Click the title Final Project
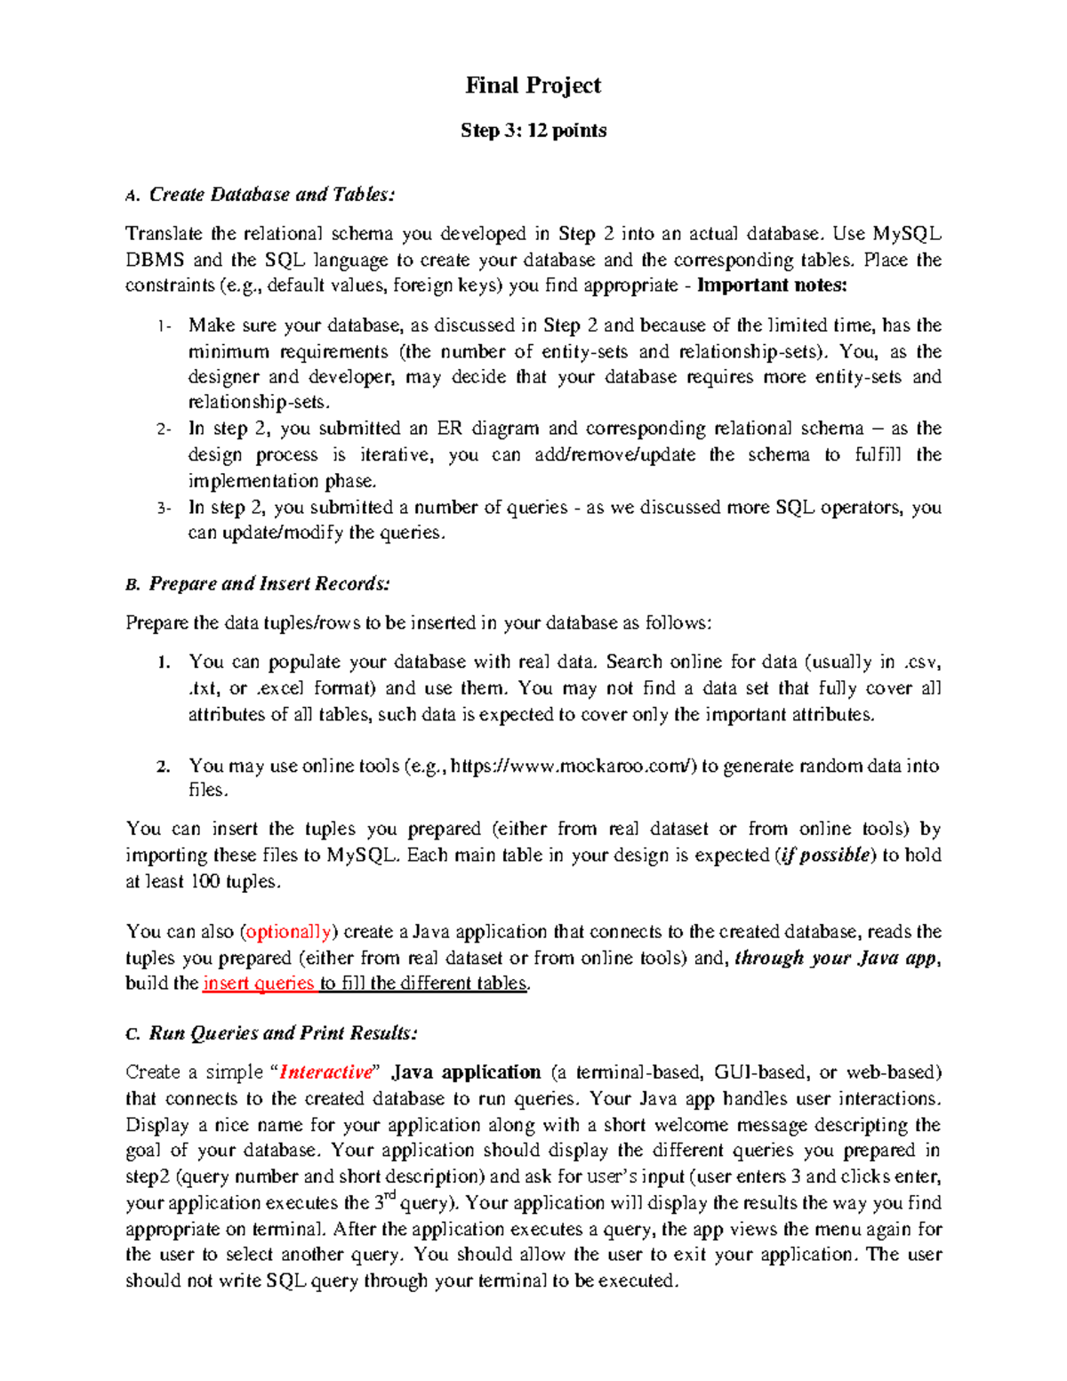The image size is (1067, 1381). click(x=533, y=85)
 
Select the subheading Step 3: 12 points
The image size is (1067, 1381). click(x=533, y=131)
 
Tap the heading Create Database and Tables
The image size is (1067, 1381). click(x=271, y=195)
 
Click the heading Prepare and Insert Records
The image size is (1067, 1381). click(x=269, y=584)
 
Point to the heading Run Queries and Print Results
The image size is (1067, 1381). click(x=283, y=1033)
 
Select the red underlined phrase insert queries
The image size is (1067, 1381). click(x=259, y=984)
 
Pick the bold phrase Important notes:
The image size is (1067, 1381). click(x=773, y=285)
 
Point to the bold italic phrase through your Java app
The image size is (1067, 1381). click(x=837, y=958)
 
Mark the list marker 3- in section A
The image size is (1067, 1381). click(x=163, y=509)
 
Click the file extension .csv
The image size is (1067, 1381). click(x=922, y=662)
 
